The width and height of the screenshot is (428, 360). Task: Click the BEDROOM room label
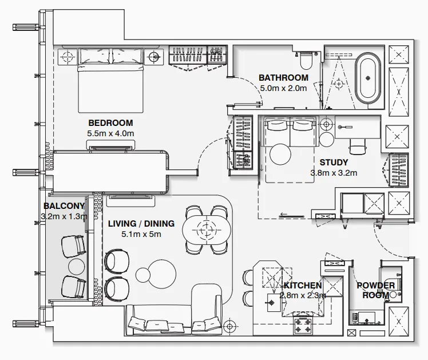click(x=110, y=122)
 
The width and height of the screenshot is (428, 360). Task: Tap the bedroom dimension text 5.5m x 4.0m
click(x=110, y=133)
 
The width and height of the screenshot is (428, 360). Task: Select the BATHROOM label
click(x=283, y=78)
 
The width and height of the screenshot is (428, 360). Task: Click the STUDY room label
click(x=334, y=162)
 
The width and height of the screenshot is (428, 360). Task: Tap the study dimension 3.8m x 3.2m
click(x=334, y=172)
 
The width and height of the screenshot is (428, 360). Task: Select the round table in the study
click(x=281, y=154)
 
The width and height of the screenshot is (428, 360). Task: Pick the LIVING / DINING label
click(x=141, y=224)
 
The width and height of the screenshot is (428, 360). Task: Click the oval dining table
click(x=205, y=231)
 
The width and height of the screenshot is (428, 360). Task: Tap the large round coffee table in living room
click(x=156, y=271)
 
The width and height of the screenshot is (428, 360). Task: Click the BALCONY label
click(x=64, y=206)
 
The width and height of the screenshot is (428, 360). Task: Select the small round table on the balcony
click(x=76, y=266)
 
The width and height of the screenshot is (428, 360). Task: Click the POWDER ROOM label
click(x=375, y=290)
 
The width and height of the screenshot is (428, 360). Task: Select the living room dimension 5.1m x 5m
click(x=141, y=234)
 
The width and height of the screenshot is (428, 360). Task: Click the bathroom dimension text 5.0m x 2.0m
click(x=283, y=88)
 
